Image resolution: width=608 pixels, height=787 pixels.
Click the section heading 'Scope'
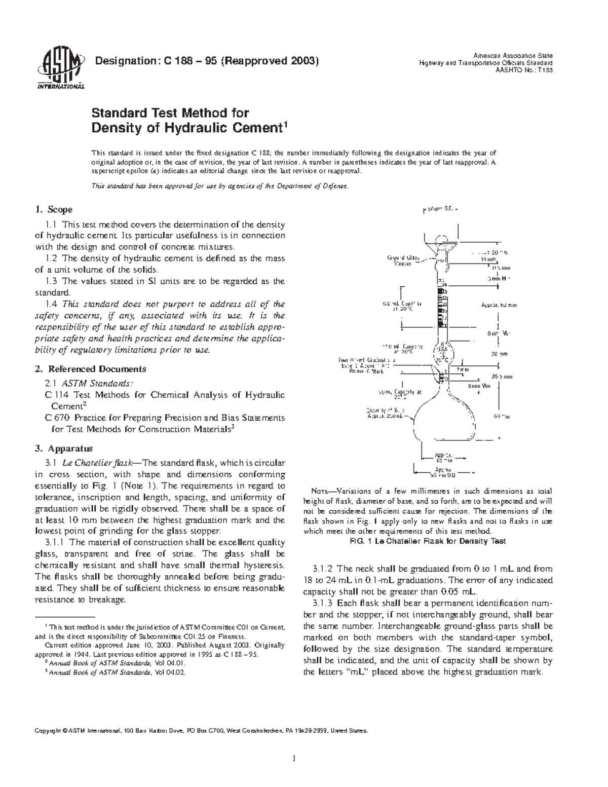coord(60,209)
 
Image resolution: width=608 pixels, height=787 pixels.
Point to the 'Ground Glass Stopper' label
coord(403,262)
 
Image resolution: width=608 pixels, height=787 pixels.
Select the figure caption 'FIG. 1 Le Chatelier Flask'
coord(428,541)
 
